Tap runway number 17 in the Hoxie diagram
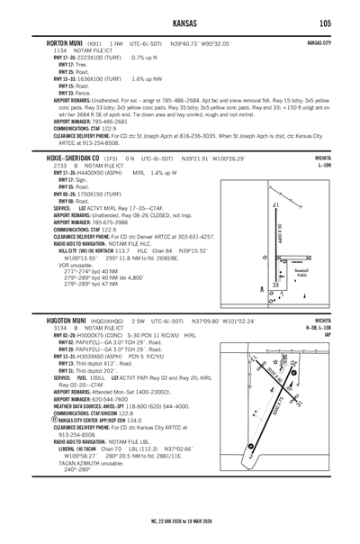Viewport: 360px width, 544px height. coord(274,206)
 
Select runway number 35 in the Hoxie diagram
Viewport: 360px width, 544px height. coord(275,285)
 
